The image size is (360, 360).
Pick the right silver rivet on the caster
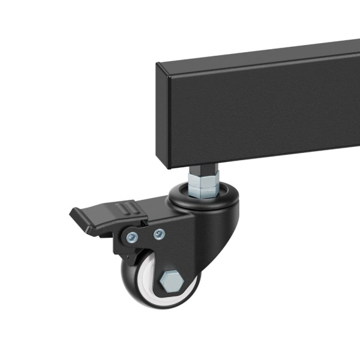(x=158, y=233)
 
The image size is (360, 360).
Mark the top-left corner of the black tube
(x=158, y=65)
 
